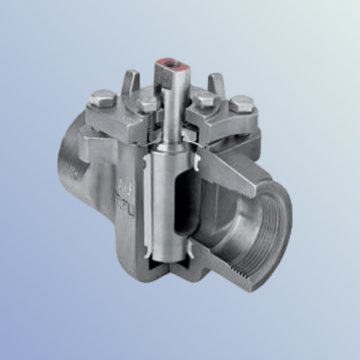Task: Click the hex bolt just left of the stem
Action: (x=148, y=102)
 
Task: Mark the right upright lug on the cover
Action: (x=215, y=84)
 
